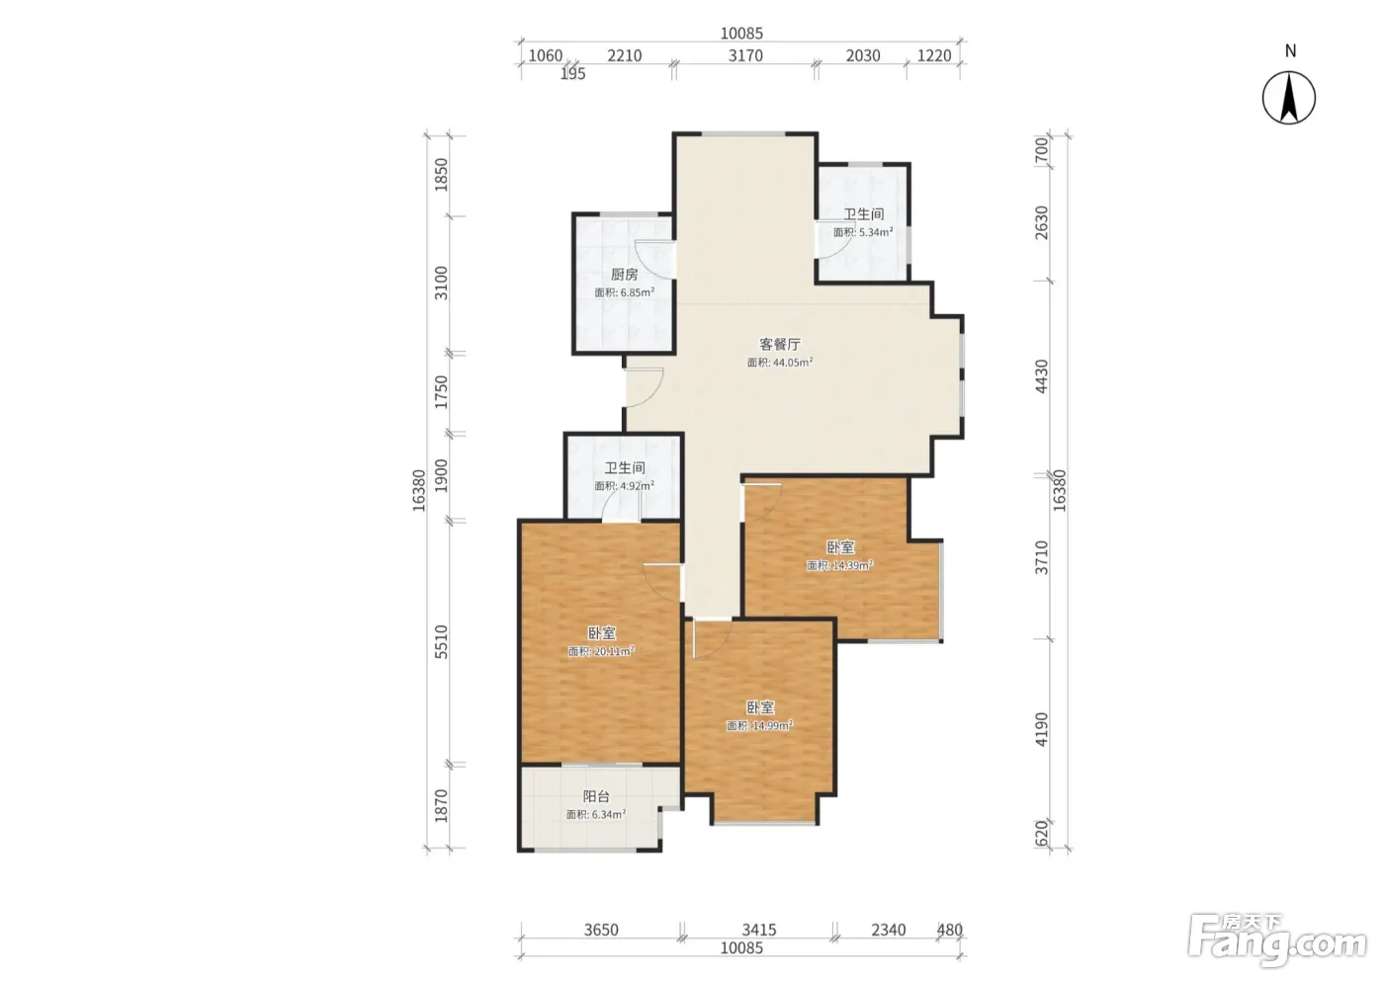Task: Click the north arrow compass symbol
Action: point(1288,98)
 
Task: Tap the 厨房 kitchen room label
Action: point(624,274)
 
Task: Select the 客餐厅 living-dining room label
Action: point(780,344)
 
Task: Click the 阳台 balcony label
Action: point(596,796)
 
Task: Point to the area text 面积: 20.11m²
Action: point(601,651)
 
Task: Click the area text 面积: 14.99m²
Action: point(759,725)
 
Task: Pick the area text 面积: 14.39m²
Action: point(839,565)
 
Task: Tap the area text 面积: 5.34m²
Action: point(863,232)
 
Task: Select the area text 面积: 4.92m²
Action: point(624,486)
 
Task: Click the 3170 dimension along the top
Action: point(745,55)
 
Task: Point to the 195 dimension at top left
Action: point(572,74)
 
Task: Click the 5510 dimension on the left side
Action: point(441,642)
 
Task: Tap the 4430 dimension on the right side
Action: point(1042,376)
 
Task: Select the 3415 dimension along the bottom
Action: point(759,930)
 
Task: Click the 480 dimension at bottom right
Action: point(950,930)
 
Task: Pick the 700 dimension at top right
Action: point(1042,150)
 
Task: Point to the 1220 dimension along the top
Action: point(934,55)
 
